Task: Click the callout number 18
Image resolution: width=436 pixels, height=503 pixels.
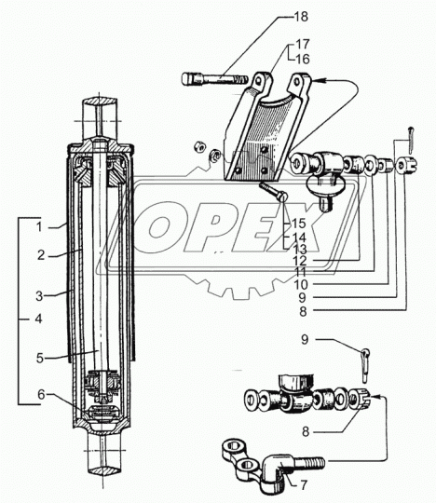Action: (301, 17)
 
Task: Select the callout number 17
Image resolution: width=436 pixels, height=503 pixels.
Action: (302, 44)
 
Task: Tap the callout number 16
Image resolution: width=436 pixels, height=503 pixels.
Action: (303, 59)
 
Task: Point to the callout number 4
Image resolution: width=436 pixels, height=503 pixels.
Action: (38, 319)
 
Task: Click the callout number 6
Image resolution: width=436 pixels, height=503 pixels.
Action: (41, 395)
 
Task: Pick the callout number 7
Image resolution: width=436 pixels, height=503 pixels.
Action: (304, 484)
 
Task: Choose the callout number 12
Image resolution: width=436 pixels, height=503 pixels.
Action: (300, 261)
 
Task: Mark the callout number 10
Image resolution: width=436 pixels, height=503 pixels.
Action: (301, 284)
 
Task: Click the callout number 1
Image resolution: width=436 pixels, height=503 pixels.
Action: (39, 227)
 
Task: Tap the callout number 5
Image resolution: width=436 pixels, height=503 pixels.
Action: (40, 358)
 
